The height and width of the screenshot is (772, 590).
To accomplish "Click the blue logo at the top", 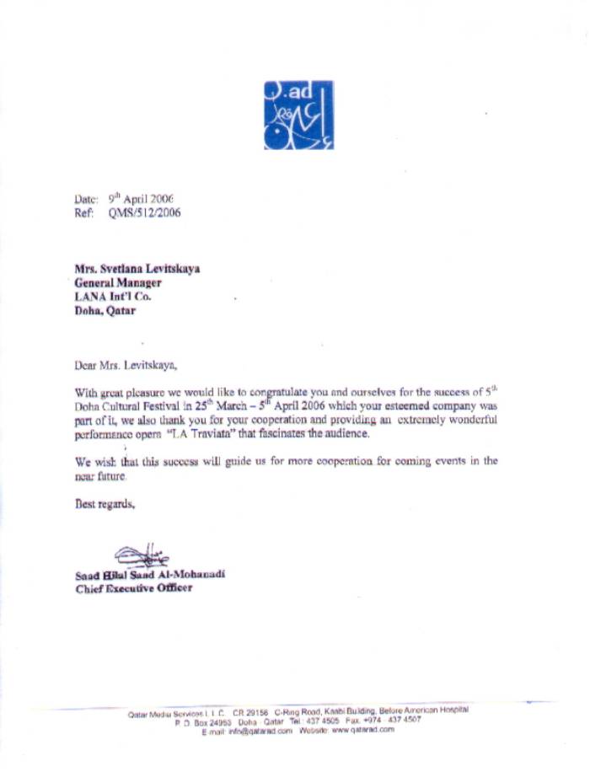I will [x=298, y=115].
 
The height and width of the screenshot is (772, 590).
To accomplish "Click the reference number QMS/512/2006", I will [x=143, y=213].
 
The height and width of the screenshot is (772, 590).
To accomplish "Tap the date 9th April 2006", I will [x=141, y=198].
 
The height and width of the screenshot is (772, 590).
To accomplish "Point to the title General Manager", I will [x=117, y=283].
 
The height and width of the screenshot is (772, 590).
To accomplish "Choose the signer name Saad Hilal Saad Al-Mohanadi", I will [x=151, y=574].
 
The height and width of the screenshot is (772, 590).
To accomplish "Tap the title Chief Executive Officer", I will [x=133, y=587].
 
